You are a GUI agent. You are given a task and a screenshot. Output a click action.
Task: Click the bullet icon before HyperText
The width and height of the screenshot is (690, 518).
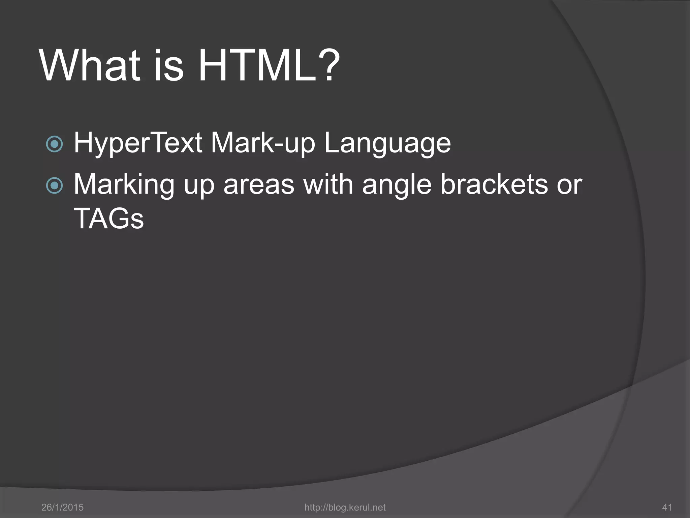click(54, 144)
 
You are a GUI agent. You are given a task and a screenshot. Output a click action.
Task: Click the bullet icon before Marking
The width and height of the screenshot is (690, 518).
click(54, 185)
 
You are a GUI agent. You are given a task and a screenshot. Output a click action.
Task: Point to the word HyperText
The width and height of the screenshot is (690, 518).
click(138, 143)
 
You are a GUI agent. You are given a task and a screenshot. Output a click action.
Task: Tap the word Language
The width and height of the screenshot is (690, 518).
click(387, 143)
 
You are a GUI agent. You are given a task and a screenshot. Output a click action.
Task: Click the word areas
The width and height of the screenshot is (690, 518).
click(258, 185)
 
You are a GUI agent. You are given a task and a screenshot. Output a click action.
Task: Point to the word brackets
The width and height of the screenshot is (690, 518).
click(494, 185)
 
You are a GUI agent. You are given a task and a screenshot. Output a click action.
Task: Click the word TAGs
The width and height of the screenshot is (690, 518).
click(108, 219)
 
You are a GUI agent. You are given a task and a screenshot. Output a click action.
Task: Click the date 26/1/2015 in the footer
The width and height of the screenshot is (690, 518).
click(62, 507)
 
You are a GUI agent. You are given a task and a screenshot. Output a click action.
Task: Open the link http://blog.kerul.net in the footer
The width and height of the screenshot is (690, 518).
click(345, 507)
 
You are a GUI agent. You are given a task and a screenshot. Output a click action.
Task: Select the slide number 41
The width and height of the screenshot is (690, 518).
click(667, 507)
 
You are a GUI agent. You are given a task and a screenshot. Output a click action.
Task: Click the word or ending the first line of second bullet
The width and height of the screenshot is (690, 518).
click(569, 185)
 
